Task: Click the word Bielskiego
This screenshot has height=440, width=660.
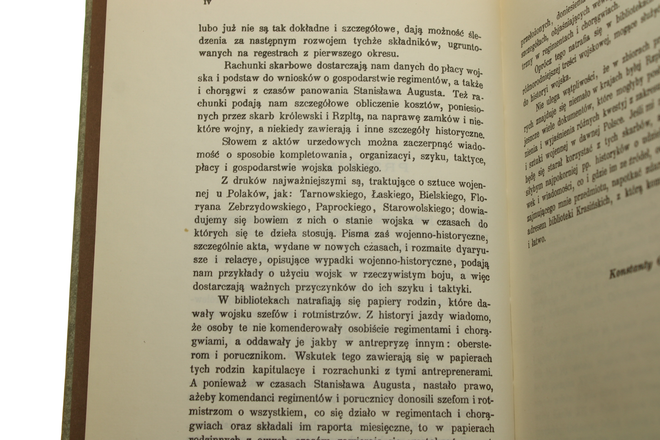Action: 436,195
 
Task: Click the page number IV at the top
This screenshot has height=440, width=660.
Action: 207,2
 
